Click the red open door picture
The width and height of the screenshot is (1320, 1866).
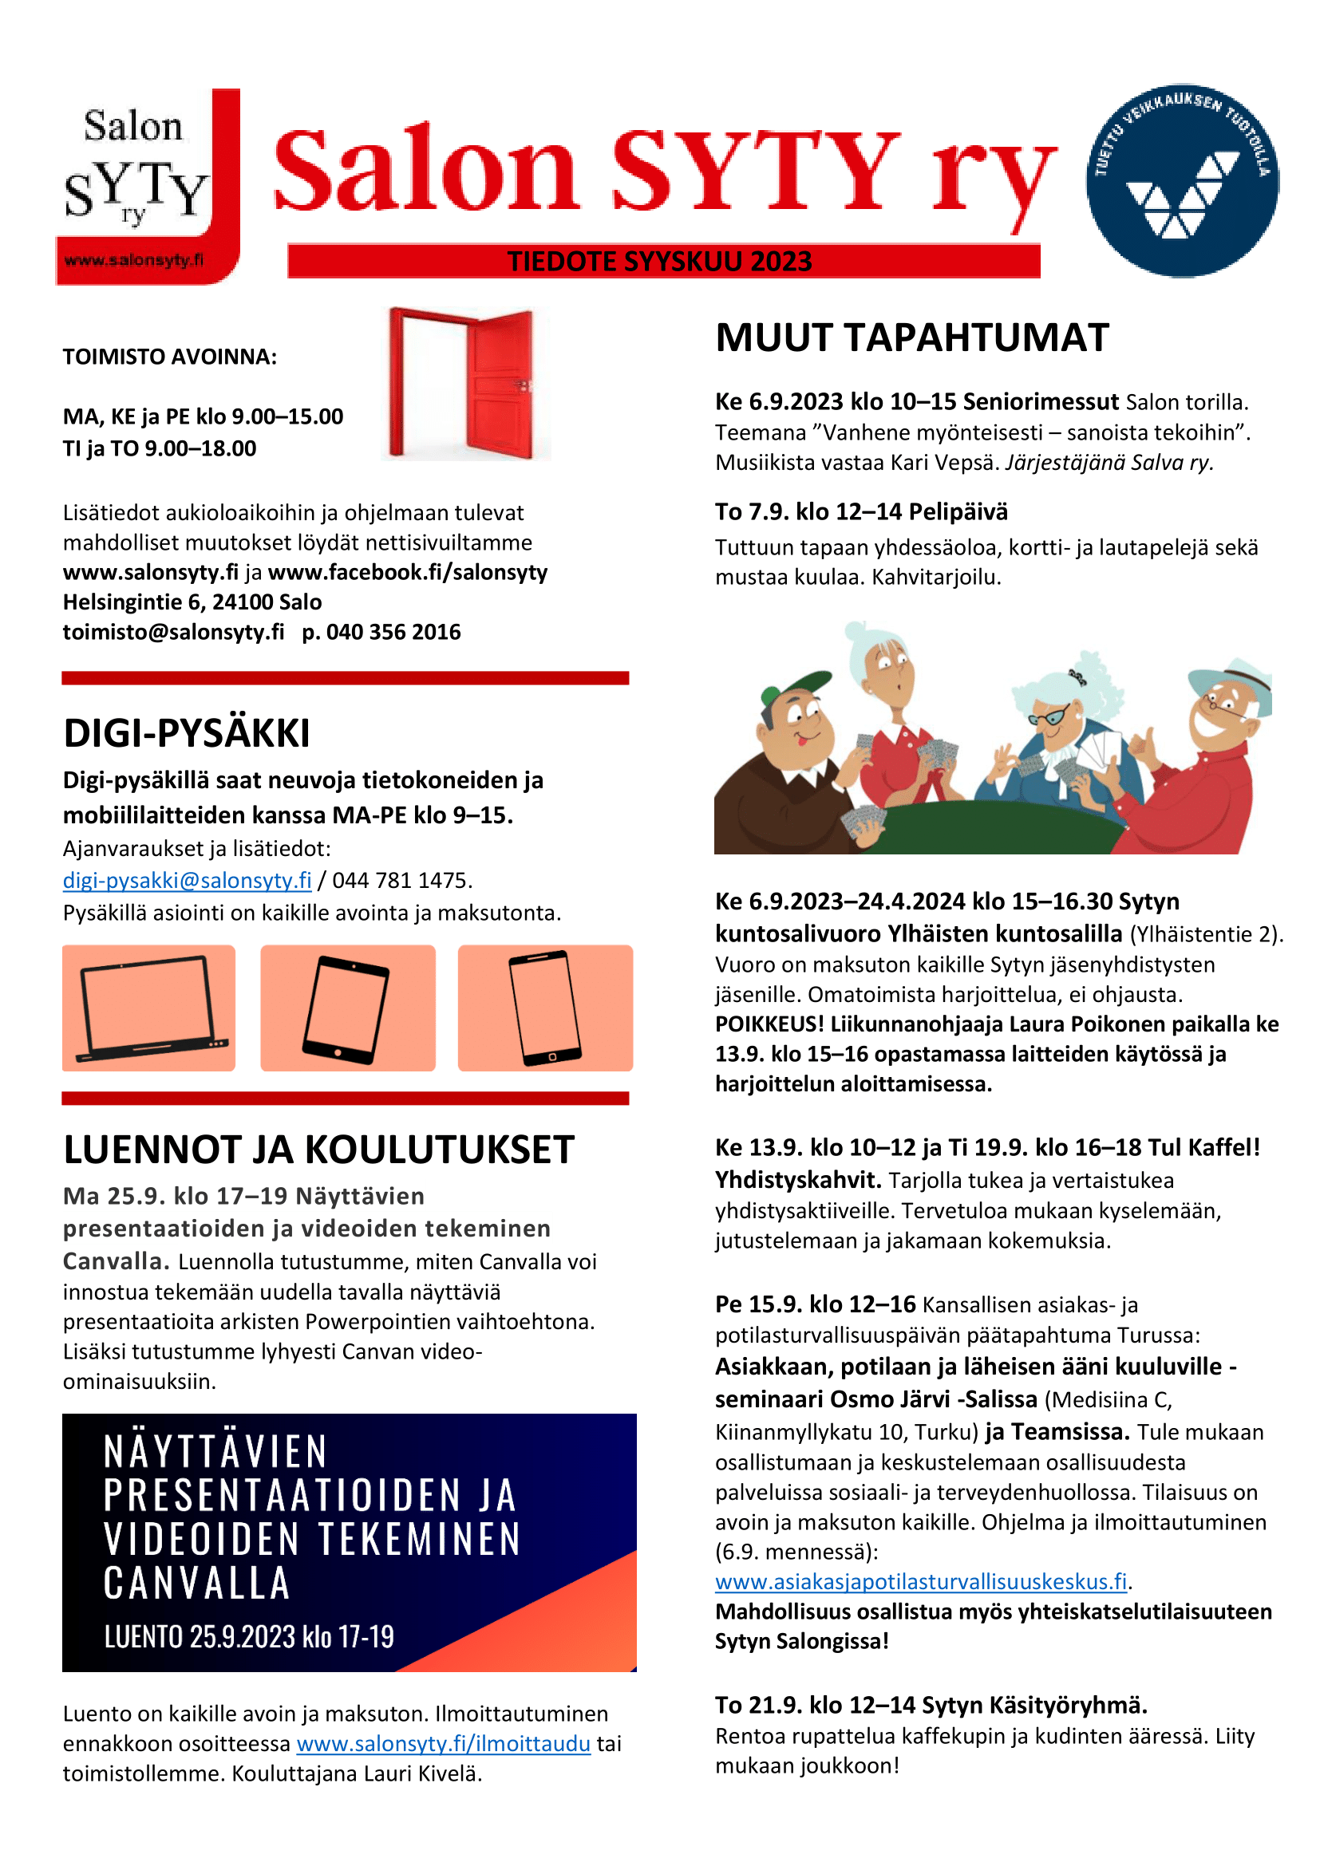[465, 383]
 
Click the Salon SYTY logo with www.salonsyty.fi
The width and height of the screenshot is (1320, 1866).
[147, 187]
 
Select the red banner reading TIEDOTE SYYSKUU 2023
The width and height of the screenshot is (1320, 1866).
[662, 262]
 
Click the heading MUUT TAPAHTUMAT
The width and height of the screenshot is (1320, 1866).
[911, 338]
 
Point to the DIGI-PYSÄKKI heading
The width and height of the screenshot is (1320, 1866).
[186, 733]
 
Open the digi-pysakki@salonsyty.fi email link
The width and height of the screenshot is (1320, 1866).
[187, 880]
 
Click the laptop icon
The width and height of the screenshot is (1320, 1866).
[148, 1008]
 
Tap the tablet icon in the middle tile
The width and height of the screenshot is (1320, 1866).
[346, 1008]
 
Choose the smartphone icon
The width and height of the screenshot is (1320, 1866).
[544, 1008]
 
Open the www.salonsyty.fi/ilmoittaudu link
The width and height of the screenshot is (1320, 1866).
[443, 1743]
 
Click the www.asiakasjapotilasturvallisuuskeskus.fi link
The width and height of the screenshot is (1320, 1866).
[920, 1581]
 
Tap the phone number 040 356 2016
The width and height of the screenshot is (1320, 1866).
[393, 633]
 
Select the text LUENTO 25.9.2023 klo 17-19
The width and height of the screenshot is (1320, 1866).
[249, 1637]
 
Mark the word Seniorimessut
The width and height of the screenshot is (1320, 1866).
[1041, 401]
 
